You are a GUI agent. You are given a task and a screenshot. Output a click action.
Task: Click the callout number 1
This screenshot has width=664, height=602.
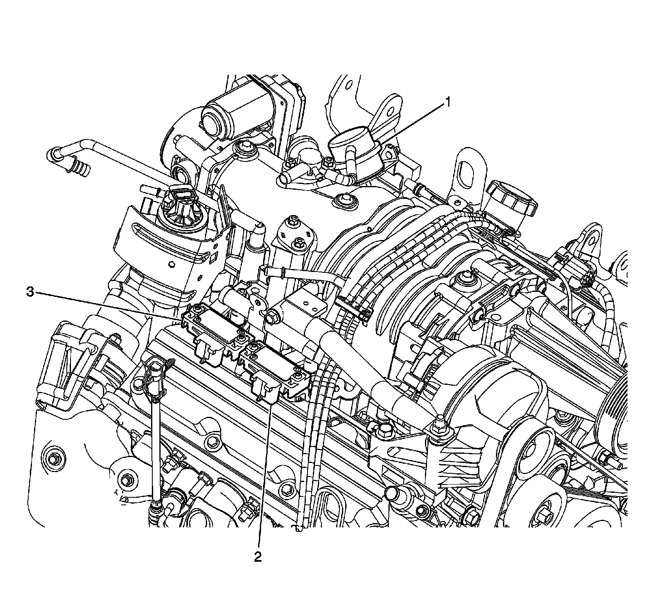tap(448, 102)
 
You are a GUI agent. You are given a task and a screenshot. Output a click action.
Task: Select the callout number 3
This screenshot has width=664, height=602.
tap(30, 292)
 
